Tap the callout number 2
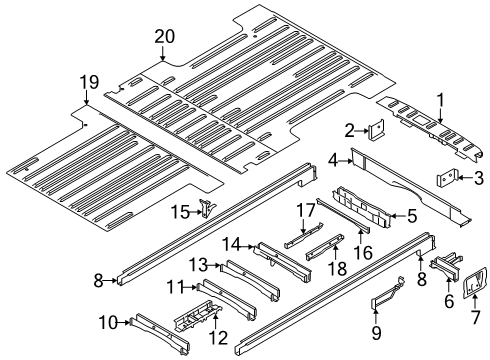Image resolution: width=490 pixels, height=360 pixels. tap(349, 129)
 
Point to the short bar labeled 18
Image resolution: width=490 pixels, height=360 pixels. tap(321, 250)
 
